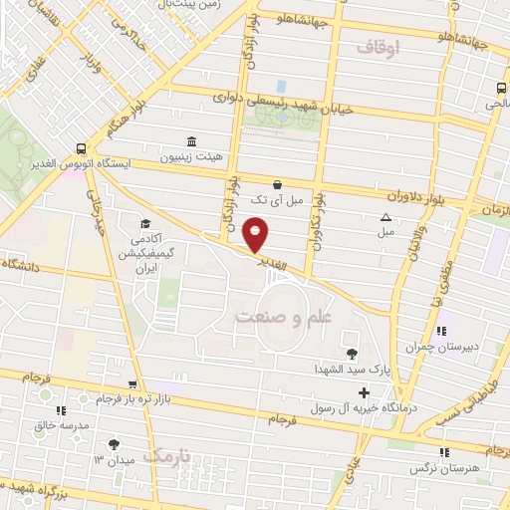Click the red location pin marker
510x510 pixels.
pos(257,234)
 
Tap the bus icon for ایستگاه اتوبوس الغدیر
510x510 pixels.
pos(81,145)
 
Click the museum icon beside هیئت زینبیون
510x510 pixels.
pos(191,141)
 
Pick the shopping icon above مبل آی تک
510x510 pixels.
pos(276,184)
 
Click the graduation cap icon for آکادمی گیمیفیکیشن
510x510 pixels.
pos(145,223)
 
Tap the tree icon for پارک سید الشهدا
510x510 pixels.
pos(351,353)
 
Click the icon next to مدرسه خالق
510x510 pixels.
pos(61,409)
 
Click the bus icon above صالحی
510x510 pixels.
pos(499,88)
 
